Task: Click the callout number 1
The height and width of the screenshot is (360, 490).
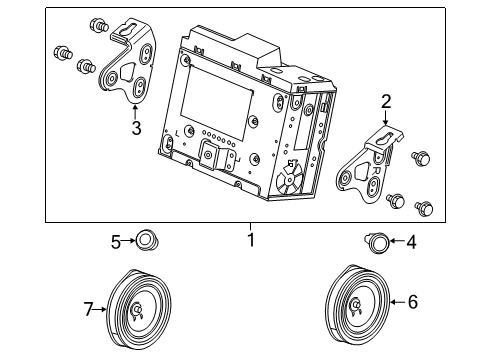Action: (252, 240)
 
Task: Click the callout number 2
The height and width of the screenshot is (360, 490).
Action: (386, 100)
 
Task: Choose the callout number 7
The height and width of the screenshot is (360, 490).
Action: (87, 310)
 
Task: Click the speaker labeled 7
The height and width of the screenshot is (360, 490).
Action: (136, 309)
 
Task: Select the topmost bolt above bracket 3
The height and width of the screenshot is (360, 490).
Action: (98, 23)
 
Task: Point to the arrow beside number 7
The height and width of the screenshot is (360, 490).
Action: (102, 310)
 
